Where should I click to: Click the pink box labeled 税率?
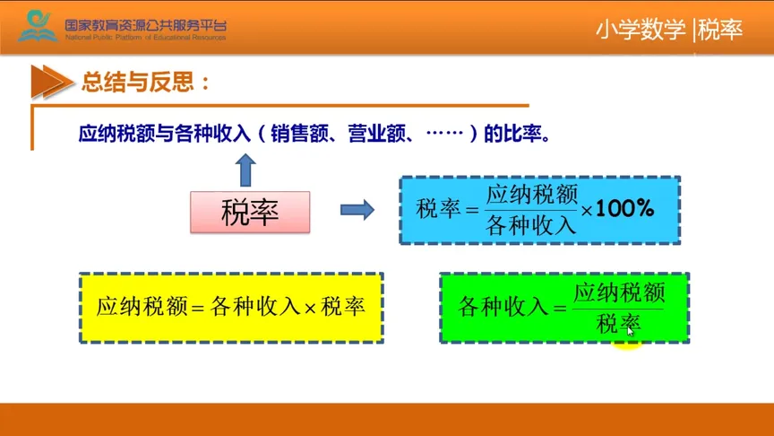(250, 212)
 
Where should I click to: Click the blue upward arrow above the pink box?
(246, 170)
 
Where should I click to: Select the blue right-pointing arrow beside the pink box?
(357, 210)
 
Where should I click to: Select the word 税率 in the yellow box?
(343, 307)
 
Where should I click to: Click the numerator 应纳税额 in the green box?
(618, 292)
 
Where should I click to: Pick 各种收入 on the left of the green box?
(502, 308)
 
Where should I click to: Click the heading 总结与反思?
(145, 83)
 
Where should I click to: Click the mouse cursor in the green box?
(631, 329)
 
